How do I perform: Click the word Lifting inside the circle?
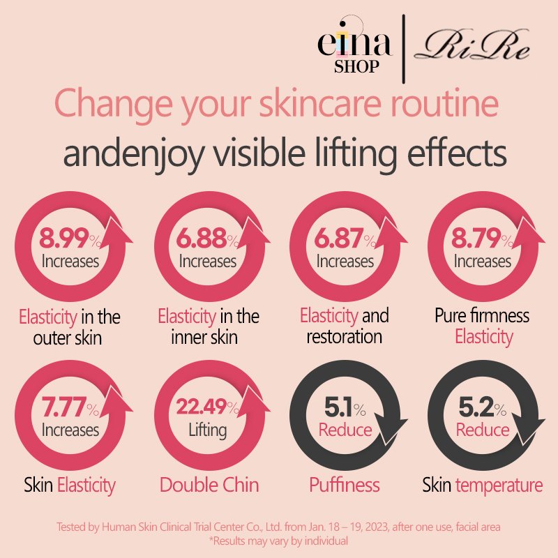207,429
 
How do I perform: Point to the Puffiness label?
345,485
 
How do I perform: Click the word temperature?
499,485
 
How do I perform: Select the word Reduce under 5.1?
345,429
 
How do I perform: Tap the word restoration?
345,336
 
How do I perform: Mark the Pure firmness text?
482,315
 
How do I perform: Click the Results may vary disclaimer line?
279,541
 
